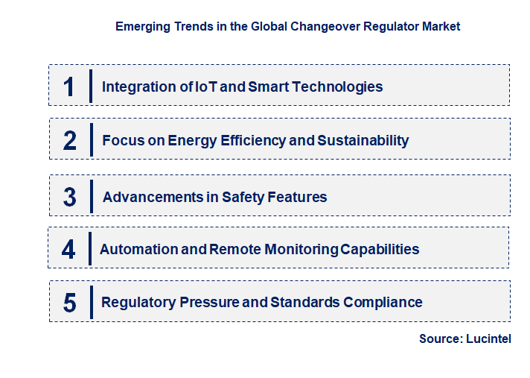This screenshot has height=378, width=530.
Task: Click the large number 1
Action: coord(69,86)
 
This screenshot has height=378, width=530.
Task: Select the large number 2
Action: coord(70,140)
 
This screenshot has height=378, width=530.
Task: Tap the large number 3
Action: coord(70,198)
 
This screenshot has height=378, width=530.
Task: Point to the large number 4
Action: coord(68,249)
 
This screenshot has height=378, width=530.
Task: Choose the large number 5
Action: coord(70,303)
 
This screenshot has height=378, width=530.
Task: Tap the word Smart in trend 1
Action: coord(268,86)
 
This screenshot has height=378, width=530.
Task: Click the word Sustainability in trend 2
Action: coord(363,140)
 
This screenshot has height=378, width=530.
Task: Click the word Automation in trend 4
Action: coord(139,249)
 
